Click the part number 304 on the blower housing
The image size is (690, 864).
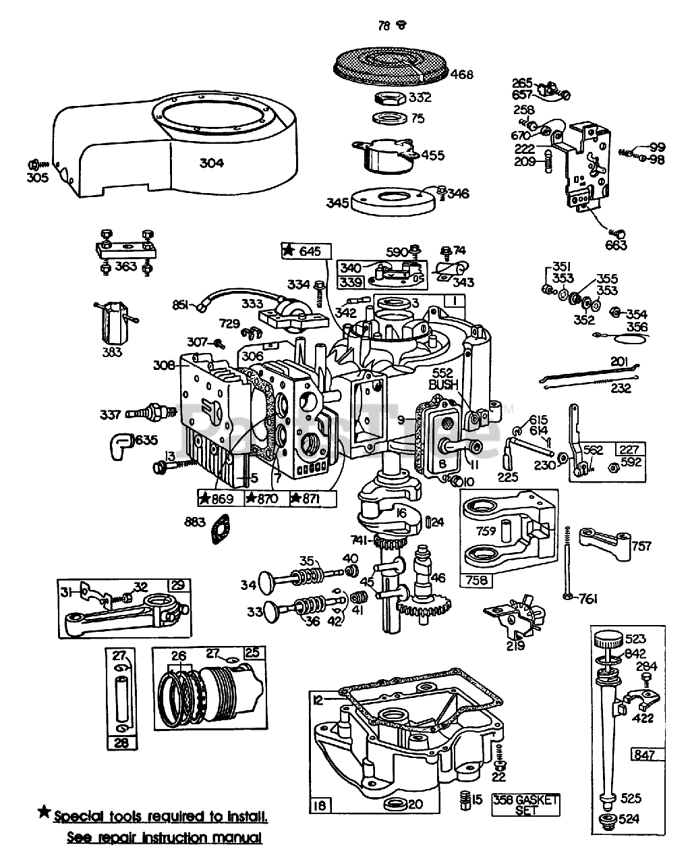(x=211, y=162)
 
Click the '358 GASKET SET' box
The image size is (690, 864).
(x=526, y=805)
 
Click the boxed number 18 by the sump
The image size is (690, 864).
(x=320, y=805)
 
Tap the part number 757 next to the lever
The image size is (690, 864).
(x=641, y=545)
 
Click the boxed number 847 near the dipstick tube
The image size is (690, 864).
(x=643, y=754)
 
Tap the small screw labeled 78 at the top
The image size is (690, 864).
(x=401, y=26)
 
